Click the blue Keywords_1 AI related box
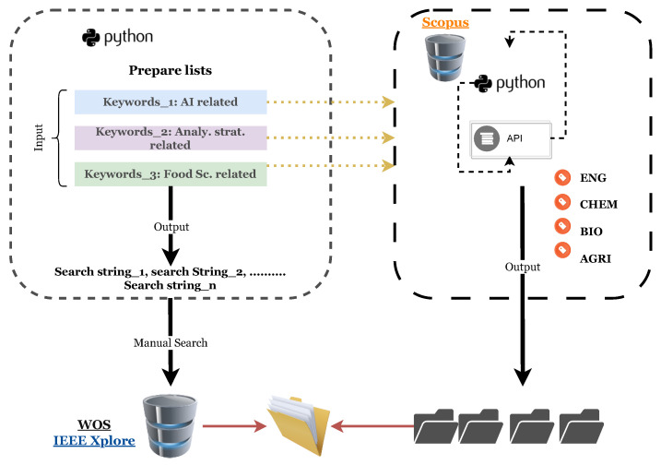pyautogui.click(x=171, y=101)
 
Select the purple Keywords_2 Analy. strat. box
pyautogui.click(x=171, y=138)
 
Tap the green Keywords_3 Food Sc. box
pyautogui.click(x=171, y=173)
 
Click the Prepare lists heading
pyautogui.click(x=171, y=70)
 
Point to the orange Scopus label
pyautogui.click(x=445, y=22)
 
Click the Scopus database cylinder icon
pyautogui.click(x=445, y=58)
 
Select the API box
pyautogui.click(x=511, y=139)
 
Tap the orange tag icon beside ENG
pyautogui.click(x=562, y=178)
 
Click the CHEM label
pyautogui.click(x=598, y=204)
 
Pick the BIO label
pyautogui.click(x=591, y=232)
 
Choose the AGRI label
pyautogui.click(x=596, y=258)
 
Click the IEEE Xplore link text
pyautogui.click(x=94, y=440)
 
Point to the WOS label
pyautogui.click(x=94, y=424)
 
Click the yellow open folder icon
pyautogui.click(x=299, y=425)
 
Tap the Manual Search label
pyautogui.click(x=171, y=342)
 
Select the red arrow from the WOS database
pyautogui.click(x=234, y=425)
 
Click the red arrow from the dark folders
pyautogui.click(x=373, y=426)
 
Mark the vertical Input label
pyautogui.click(x=39, y=137)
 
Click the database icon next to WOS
pyautogui.click(x=170, y=425)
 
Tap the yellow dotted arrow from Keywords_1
pyautogui.click(x=331, y=101)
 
